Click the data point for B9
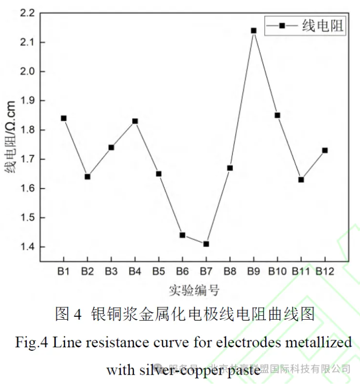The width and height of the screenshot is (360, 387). click(x=253, y=31)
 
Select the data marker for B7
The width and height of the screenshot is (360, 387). click(x=206, y=244)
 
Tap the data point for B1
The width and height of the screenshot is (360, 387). click(x=64, y=118)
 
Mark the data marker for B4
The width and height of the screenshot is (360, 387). click(x=135, y=121)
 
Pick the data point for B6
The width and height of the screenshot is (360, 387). click(x=182, y=235)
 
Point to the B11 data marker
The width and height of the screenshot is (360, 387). click(x=301, y=180)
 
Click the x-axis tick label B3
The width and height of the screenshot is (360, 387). click(x=111, y=272)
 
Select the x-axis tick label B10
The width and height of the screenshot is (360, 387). click(x=277, y=272)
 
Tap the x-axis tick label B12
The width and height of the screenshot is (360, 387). click(x=325, y=272)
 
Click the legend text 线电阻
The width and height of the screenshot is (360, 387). click(x=323, y=26)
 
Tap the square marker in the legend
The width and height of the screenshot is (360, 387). click(x=282, y=26)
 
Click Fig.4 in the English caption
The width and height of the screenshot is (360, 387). click(x=32, y=343)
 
